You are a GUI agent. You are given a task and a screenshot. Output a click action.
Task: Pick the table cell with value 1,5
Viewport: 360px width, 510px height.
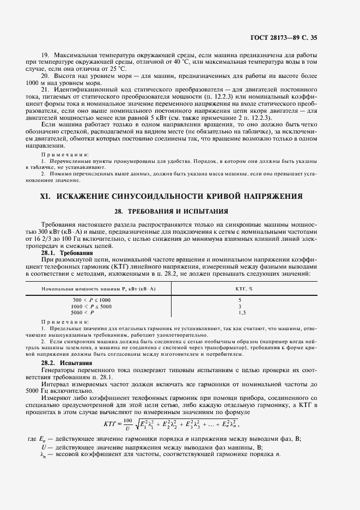242,312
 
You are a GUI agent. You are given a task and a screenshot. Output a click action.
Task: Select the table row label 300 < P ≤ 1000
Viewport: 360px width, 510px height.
91,300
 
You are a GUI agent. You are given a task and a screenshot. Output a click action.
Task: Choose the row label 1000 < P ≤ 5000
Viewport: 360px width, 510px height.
90,306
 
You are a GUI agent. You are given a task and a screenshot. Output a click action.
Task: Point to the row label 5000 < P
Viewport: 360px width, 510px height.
83,312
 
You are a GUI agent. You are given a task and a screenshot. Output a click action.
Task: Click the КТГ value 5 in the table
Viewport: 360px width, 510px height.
240,300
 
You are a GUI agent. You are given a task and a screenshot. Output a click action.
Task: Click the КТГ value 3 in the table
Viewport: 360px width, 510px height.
240,306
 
